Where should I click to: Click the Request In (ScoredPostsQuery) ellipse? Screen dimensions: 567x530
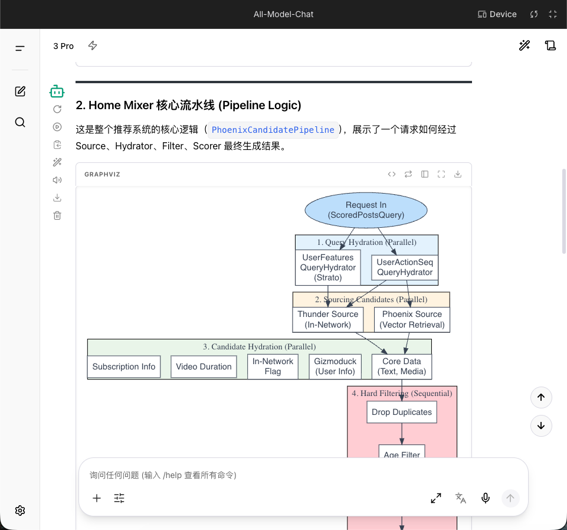click(x=366, y=210)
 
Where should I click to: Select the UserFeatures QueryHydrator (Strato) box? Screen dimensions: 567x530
click(x=328, y=268)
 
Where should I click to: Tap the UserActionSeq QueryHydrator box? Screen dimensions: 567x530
click(x=405, y=267)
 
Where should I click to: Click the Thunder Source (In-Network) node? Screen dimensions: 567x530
click(x=327, y=319)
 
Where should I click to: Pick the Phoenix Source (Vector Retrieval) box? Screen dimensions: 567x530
click(x=412, y=319)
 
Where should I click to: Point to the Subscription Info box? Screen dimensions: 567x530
click(x=124, y=367)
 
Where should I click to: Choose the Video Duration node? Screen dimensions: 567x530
click(x=204, y=367)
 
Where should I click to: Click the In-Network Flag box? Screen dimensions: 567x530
click(x=273, y=367)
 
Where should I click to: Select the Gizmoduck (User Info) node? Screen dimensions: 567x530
click(x=335, y=367)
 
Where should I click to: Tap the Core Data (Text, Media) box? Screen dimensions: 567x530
click(x=402, y=367)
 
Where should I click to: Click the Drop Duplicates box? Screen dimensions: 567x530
click(x=402, y=412)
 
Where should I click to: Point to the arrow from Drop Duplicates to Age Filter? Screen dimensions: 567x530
click(x=402, y=433)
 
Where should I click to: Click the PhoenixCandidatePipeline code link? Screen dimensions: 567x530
click(x=273, y=130)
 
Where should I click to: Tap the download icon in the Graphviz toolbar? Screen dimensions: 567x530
click(x=458, y=174)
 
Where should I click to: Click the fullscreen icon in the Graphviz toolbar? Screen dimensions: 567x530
click(x=441, y=174)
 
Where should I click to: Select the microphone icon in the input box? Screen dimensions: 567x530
click(x=486, y=498)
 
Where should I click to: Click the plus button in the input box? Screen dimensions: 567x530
click(x=97, y=498)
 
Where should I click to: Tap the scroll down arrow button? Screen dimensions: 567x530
click(x=541, y=426)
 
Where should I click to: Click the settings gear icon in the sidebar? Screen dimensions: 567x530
click(x=20, y=511)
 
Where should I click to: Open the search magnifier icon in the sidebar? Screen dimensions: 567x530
click(x=20, y=122)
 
